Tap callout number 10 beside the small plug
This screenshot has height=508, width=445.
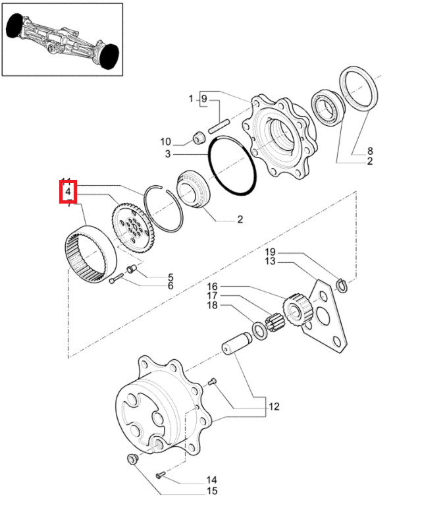[165, 141]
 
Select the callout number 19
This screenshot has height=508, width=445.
[270, 252]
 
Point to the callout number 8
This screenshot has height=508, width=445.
[370, 151]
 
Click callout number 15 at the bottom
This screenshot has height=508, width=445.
[212, 491]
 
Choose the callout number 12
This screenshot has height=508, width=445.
[273, 407]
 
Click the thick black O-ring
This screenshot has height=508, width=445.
[231, 166]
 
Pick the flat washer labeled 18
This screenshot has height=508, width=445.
[259, 328]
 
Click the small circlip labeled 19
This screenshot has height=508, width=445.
[342, 285]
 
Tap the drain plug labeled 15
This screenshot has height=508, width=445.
[130, 459]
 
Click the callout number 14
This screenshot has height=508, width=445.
[212, 480]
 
